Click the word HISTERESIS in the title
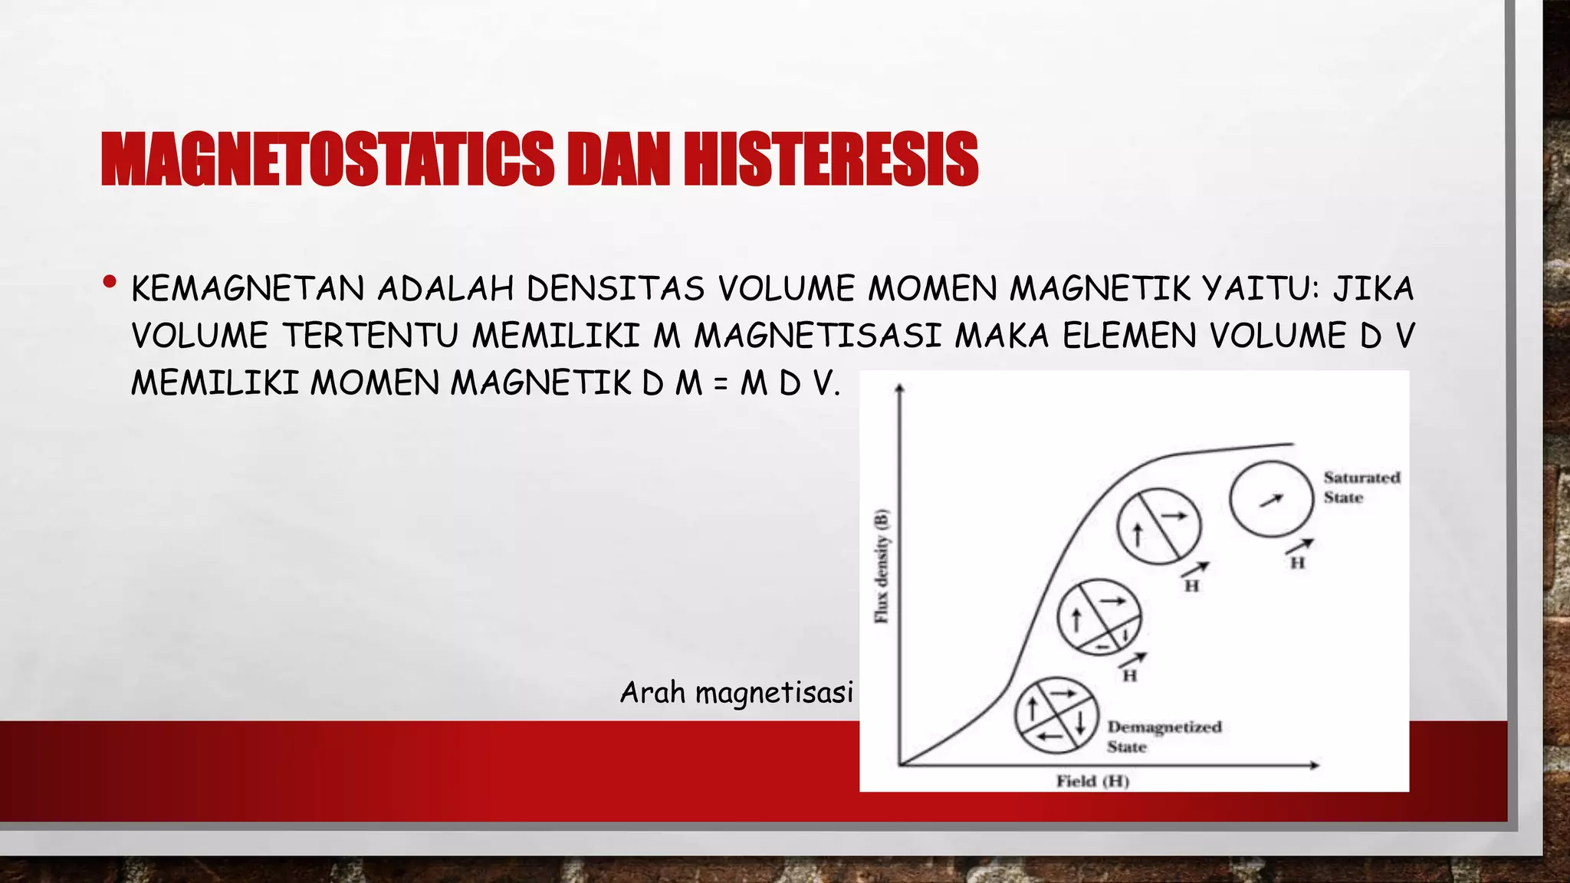(x=831, y=159)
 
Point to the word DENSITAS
(x=615, y=289)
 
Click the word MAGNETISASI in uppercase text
(x=817, y=336)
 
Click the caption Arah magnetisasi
(x=736, y=692)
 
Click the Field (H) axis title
(x=1092, y=781)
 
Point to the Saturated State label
(x=1361, y=487)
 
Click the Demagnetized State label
(x=1163, y=736)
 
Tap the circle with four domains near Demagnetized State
(x=1056, y=715)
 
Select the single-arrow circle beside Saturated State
(x=1271, y=500)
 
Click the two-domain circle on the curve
(x=1158, y=527)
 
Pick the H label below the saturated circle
(x=1297, y=563)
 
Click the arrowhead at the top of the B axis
(x=900, y=388)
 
